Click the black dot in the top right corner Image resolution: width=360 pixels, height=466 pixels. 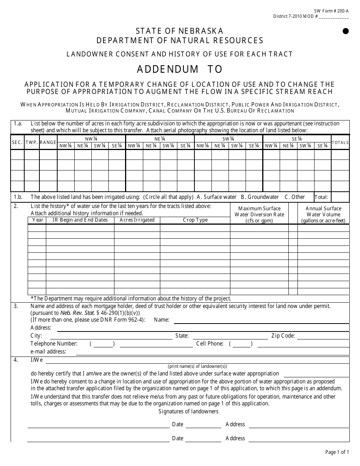[x=346, y=31]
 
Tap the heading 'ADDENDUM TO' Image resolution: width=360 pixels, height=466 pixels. [x=180, y=69]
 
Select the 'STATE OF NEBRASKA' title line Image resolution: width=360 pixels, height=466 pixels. [x=180, y=31]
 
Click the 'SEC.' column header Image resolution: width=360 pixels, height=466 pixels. [x=17, y=142]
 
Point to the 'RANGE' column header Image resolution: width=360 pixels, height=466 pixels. [x=48, y=142]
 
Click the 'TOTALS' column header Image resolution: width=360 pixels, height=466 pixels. [x=340, y=142]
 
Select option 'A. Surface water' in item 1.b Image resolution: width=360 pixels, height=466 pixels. [x=216, y=197]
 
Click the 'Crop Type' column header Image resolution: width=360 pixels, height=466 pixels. [x=195, y=220]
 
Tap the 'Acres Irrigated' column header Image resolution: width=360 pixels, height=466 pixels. [x=137, y=220]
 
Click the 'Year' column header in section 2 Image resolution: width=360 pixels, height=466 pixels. [x=38, y=220]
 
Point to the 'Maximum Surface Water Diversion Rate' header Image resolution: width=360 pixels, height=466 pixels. [x=259, y=214]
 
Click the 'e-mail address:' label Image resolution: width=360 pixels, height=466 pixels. [x=48, y=352]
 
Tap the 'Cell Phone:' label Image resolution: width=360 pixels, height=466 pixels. [x=210, y=344]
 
